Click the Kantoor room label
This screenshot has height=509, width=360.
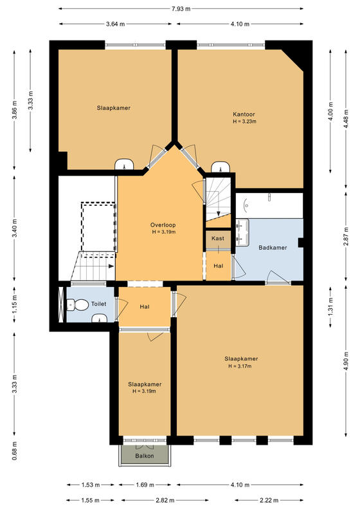(x=244, y=115)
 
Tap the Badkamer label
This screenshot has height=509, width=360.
(x=273, y=248)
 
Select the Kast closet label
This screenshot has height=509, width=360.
(x=218, y=238)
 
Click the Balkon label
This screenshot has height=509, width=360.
(x=145, y=456)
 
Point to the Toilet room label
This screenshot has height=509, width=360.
(x=98, y=304)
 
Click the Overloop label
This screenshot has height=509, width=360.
(x=163, y=225)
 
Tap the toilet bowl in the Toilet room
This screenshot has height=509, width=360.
(x=78, y=305)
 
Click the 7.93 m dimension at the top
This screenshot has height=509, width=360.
(x=181, y=9)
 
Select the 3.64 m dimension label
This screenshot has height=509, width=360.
(x=115, y=24)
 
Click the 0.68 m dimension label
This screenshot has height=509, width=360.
(x=14, y=451)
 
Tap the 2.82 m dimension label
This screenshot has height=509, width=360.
(x=165, y=500)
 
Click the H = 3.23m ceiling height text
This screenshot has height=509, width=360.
(x=244, y=122)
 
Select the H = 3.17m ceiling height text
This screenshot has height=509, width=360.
(x=240, y=366)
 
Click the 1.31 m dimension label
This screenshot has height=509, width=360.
(x=330, y=307)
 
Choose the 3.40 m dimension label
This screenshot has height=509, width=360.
(x=14, y=228)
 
